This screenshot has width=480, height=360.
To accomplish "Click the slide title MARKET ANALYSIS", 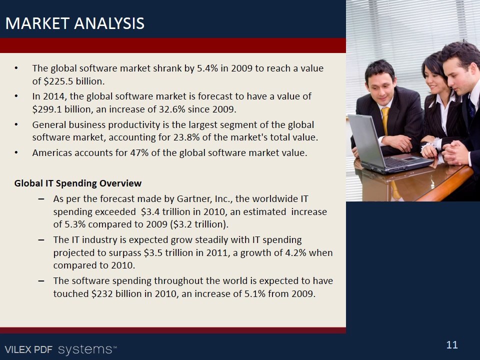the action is (75, 23).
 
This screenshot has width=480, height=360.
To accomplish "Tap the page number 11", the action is (452, 345).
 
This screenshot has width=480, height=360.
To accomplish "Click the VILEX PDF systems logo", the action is (61, 349).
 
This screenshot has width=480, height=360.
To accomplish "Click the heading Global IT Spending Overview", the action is (78, 183).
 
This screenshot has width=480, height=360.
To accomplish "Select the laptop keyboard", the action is (398, 162).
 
